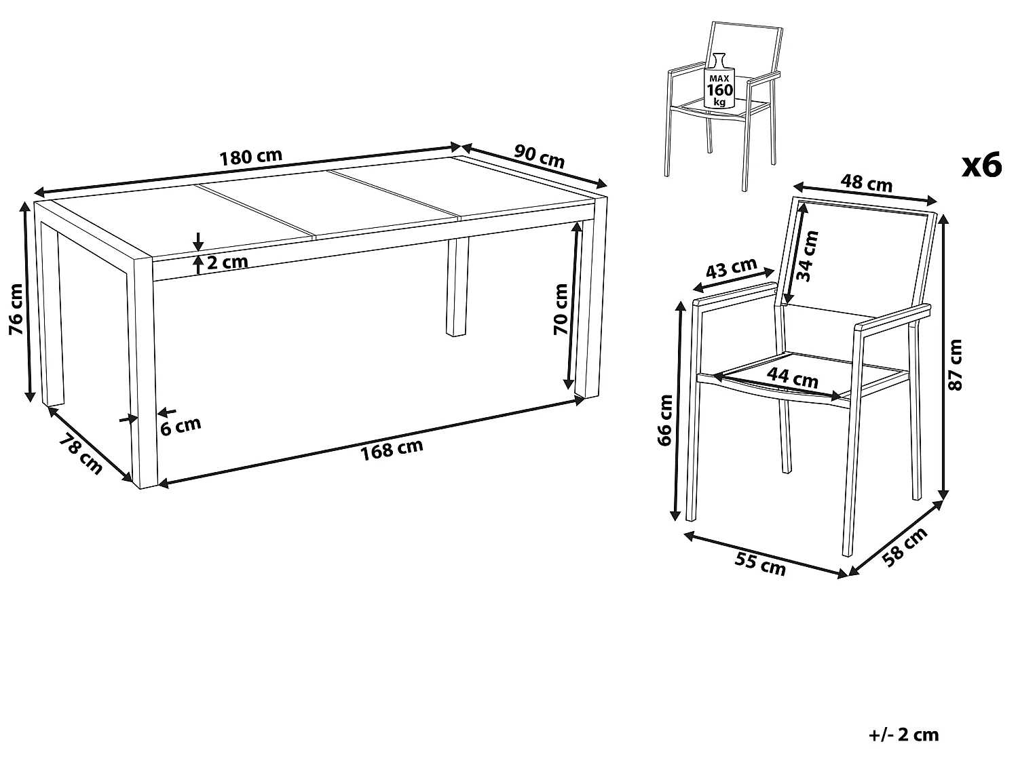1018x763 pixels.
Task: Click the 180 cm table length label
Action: click(x=250, y=157)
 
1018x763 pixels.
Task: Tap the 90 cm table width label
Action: click(x=540, y=156)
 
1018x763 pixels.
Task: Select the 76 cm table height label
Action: click(x=16, y=309)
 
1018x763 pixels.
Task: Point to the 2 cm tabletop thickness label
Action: click(x=227, y=262)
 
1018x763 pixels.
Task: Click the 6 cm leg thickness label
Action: click(x=181, y=426)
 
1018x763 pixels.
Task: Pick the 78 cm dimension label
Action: click(x=81, y=454)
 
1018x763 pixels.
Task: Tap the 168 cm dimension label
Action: click(x=392, y=449)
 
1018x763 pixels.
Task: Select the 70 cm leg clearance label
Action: click(x=561, y=309)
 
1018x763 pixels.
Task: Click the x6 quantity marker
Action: click(x=982, y=165)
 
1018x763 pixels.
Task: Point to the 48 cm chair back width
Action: click(x=867, y=182)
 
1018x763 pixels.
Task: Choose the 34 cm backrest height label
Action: click(x=808, y=256)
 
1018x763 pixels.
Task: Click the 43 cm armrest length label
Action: click(x=732, y=268)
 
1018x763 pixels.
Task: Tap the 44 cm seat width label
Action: click(x=793, y=376)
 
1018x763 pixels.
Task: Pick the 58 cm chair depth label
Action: click(x=905, y=547)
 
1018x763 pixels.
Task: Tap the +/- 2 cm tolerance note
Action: click(x=903, y=735)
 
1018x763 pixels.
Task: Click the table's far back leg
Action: click(x=457, y=287)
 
